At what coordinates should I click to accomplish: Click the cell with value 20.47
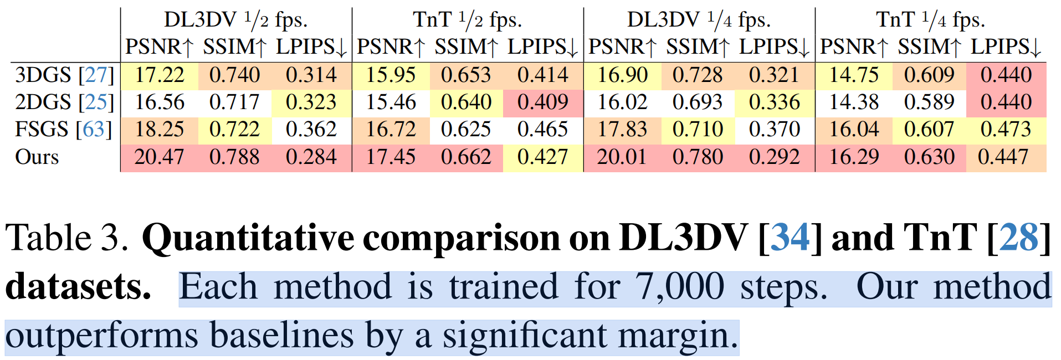[159, 157]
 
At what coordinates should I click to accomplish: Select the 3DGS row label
[43, 75]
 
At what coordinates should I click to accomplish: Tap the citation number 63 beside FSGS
[94, 130]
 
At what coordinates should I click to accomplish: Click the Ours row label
[37, 157]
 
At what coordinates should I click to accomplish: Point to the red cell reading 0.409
[542, 102]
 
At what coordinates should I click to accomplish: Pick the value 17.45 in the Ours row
[391, 157]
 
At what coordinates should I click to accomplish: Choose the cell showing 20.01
[622, 157]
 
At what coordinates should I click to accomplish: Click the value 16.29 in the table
[854, 157]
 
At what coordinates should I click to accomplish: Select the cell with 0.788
[234, 157]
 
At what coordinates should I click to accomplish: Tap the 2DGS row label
[43, 102]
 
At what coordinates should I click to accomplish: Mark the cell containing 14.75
[854, 75]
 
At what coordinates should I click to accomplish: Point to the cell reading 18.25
[159, 130]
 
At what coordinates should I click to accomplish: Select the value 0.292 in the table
[774, 157]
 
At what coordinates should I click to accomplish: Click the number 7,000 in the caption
[680, 287]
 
